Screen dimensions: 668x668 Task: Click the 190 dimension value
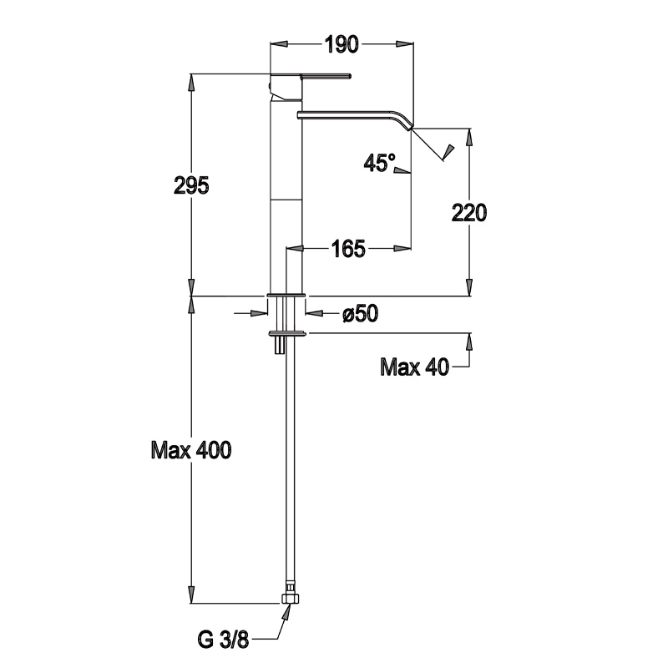[342, 44]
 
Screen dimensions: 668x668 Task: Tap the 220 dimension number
[469, 213]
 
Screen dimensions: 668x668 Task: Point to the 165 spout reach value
[348, 248]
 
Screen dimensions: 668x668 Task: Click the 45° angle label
[379, 163]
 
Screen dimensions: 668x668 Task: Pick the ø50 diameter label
[361, 313]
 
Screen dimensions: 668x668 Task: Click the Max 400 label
[190, 451]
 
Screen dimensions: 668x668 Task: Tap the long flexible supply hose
[288, 468]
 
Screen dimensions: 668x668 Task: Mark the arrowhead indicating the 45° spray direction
[450, 152]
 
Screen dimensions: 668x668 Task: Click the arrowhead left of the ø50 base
[260, 313]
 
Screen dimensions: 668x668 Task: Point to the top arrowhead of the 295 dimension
[192, 83]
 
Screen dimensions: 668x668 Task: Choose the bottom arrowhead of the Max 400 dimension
[192, 596]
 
